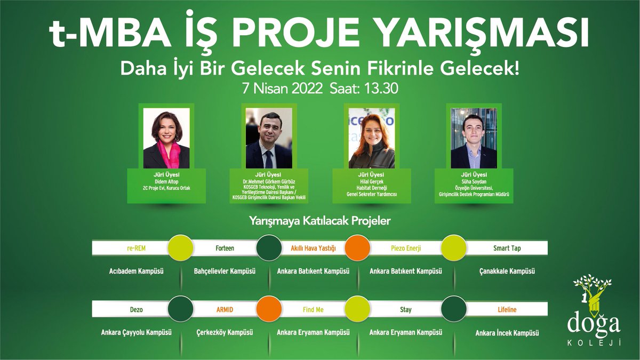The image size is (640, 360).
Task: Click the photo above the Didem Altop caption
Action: pos(166,138)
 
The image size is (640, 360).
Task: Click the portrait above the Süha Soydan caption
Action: pos(474,138)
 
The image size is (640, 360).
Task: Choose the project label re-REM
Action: pos(130,248)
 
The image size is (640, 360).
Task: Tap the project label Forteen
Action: pos(225,248)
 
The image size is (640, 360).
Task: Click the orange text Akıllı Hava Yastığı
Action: pos(313,248)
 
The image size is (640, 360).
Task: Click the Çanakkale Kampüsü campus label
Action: pos(507,271)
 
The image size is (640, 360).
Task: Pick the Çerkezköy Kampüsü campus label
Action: pos(225,332)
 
